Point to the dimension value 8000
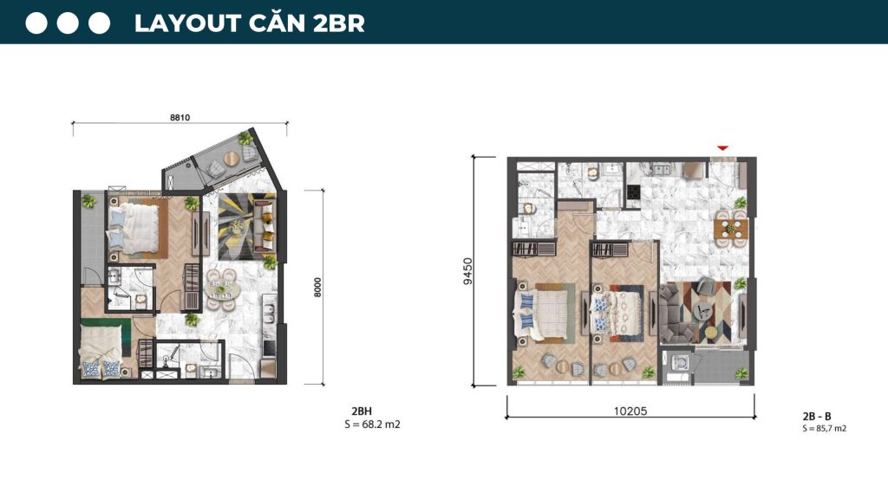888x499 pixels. click(x=317, y=288)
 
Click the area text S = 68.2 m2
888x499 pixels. click(x=372, y=425)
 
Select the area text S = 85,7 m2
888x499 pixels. click(x=824, y=429)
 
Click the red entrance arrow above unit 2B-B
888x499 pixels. click(x=722, y=148)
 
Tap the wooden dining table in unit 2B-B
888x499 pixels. click(x=731, y=229)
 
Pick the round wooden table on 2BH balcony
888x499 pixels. click(x=232, y=159)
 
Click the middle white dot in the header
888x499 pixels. click(x=69, y=23)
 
